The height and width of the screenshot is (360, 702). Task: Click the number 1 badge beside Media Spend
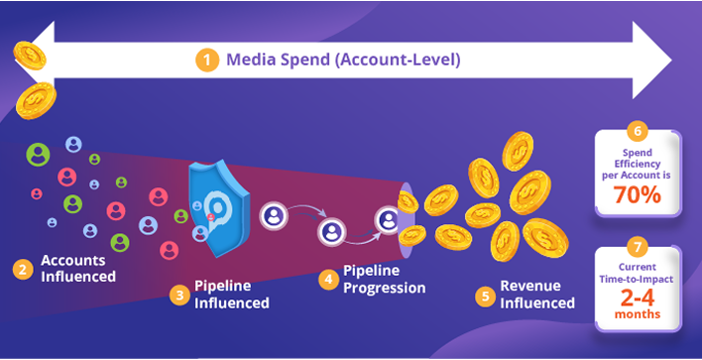pyautogui.click(x=208, y=60)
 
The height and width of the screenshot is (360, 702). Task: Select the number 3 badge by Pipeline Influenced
pyautogui.click(x=179, y=295)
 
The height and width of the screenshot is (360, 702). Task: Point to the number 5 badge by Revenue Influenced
pyautogui.click(x=485, y=295)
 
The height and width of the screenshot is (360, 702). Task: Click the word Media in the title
pyautogui.click(x=250, y=60)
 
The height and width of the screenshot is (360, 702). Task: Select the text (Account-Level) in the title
pyautogui.click(x=402, y=60)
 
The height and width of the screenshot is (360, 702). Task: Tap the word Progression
pyautogui.click(x=385, y=288)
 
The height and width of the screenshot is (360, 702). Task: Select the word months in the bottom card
pyautogui.click(x=638, y=315)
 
